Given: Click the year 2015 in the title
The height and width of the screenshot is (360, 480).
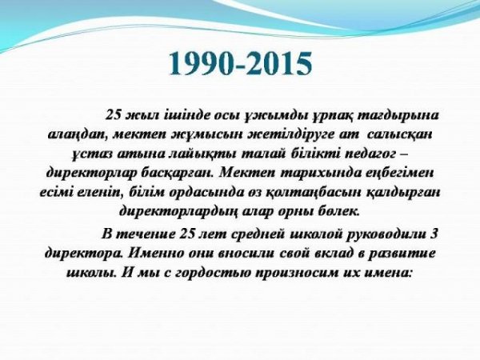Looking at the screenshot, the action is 278,64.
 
